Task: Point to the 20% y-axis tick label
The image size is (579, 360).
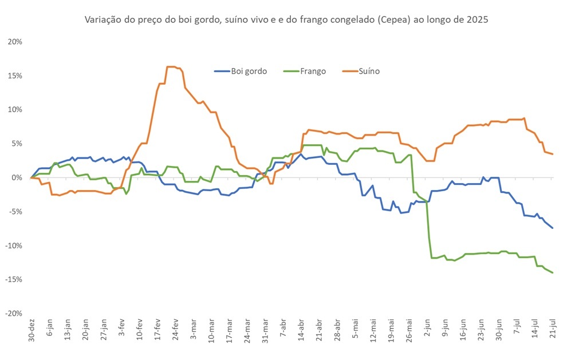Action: click(x=15, y=42)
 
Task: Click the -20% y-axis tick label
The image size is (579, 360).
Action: click(x=14, y=313)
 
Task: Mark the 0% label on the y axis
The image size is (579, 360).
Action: click(x=17, y=177)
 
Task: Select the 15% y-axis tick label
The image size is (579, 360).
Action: click(x=15, y=76)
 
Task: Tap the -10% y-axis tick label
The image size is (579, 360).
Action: click(x=14, y=246)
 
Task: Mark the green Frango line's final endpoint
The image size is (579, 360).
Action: click(x=553, y=272)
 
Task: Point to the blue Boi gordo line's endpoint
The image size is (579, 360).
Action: click(x=553, y=228)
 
